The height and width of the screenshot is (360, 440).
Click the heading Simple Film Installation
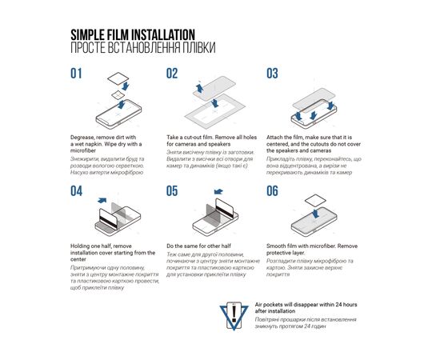point(133,34)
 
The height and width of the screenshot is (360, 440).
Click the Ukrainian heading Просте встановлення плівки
point(142,48)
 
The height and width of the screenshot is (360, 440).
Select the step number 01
point(77,74)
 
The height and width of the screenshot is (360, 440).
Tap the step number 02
point(172,74)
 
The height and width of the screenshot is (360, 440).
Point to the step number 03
point(272,74)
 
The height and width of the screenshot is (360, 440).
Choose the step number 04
point(77,190)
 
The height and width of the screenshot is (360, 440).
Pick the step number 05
point(172,190)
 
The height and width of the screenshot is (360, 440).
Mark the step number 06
point(272,190)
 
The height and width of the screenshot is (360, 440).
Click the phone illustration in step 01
point(112,104)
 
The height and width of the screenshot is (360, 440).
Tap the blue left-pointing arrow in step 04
point(100,197)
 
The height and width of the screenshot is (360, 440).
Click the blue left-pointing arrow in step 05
point(221,192)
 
